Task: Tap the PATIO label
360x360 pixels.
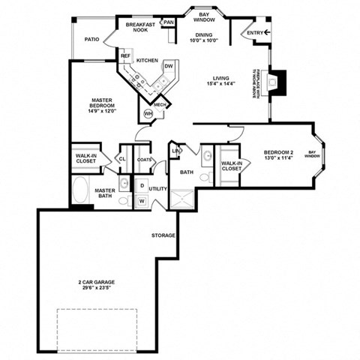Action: [91, 39]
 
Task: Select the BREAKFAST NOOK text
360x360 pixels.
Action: [140, 28]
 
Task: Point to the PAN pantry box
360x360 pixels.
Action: [169, 22]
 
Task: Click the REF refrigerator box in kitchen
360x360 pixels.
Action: [125, 55]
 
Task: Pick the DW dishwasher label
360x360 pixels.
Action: [169, 66]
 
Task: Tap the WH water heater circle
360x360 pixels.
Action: [148, 112]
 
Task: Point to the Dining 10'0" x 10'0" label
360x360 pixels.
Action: [204, 38]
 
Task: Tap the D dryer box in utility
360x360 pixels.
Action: [142, 184]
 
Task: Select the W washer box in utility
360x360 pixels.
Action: [142, 201]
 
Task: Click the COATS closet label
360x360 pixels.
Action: [145, 159]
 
